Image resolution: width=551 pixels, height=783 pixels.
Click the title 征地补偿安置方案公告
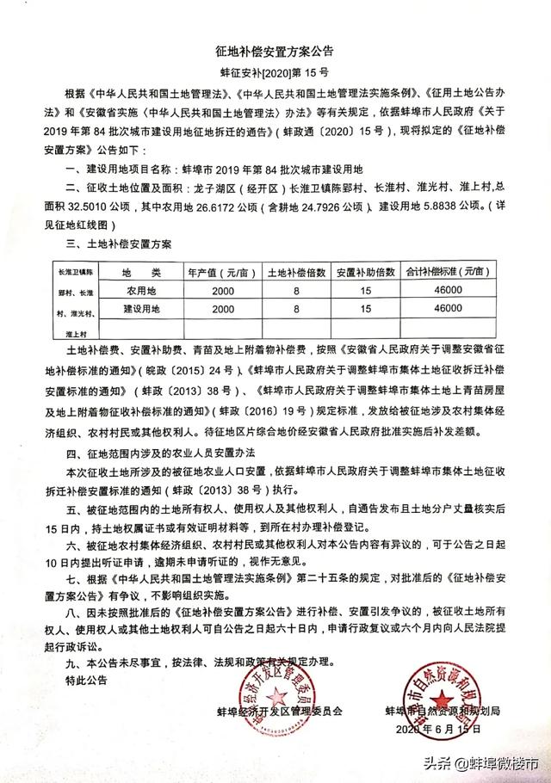point(275,53)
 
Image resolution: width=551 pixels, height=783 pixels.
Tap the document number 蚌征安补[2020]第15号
point(275,75)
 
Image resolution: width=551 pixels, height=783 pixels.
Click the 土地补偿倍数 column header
point(296,270)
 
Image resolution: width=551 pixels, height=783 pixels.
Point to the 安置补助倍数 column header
point(365,270)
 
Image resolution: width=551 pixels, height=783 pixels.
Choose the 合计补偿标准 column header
point(449,270)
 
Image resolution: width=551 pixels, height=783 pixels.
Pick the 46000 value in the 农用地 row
point(449,290)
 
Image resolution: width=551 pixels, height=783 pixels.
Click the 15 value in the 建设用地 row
point(365,308)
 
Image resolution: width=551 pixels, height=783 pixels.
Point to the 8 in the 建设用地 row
point(296,308)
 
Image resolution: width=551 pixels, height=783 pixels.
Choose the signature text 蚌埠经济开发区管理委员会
point(281,712)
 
